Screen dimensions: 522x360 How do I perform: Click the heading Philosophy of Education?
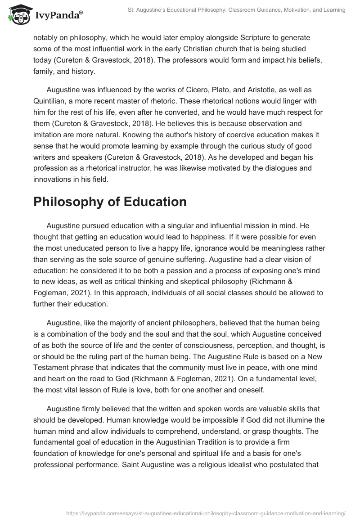click(110, 202)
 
